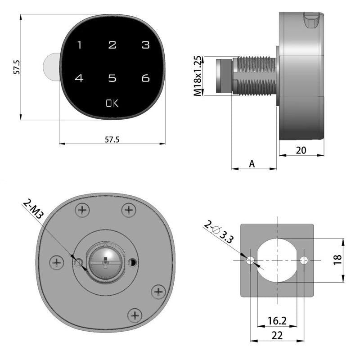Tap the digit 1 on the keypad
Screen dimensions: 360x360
(x=80, y=45)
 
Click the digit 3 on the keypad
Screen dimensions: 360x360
(x=145, y=45)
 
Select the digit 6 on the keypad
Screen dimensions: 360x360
(x=145, y=78)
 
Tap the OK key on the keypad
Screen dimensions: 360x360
(x=112, y=103)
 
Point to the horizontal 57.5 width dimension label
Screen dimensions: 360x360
(x=112, y=139)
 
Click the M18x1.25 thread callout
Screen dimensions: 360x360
(x=198, y=76)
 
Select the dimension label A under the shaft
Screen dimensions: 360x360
(x=252, y=164)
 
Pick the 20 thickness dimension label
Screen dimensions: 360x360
(x=301, y=150)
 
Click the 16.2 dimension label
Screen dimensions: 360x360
(x=277, y=320)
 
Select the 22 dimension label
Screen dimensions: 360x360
(x=277, y=335)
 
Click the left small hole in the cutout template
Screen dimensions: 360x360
(x=250, y=260)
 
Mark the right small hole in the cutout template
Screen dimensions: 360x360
(x=304, y=260)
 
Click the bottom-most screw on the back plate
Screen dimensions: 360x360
(x=134, y=315)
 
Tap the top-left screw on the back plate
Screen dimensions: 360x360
(x=82, y=209)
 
